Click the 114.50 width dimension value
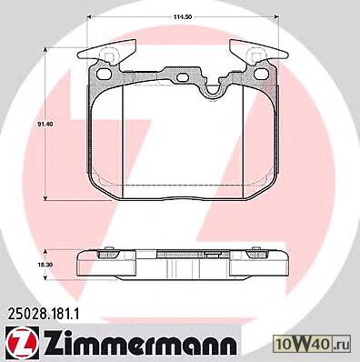pyautogui.click(x=183, y=17)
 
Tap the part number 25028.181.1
pyautogui.click(x=42, y=314)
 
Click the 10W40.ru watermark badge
pyautogui.click(x=312, y=345)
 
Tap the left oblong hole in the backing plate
pyautogui.click(x=105, y=73)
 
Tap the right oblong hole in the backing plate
pyautogui.click(x=260, y=73)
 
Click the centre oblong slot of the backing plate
pyautogui.click(x=183, y=78)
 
